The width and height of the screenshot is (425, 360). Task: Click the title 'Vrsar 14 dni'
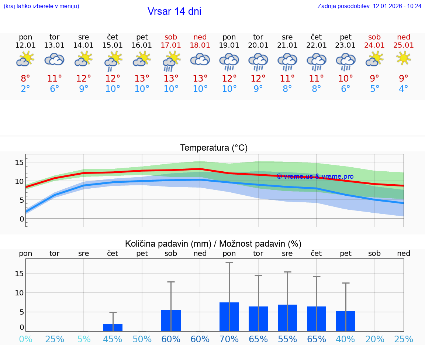click(174, 11)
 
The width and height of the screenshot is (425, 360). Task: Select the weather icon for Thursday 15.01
click(113, 60)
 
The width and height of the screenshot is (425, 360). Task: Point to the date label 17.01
click(171, 45)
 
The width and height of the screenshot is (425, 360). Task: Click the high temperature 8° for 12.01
click(25, 79)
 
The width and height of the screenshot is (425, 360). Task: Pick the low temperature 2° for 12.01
click(25, 89)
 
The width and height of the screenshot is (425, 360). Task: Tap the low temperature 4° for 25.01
click(404, 89)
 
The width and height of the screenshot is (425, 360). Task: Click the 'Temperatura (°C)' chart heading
click(214, 148)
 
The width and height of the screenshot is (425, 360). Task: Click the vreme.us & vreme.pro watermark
click(315, 176)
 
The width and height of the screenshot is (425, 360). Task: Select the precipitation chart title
click(213, 244)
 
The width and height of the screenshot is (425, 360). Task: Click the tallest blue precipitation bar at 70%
click(229, 317)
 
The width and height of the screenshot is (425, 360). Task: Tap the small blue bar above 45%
click(113, 328)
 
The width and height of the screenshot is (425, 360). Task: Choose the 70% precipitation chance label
click(229, 339)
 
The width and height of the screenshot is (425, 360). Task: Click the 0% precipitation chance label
click(25, 339)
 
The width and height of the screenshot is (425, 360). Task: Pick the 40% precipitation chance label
click(346, 339)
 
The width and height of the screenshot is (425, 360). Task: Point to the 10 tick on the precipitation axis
click(20, 293)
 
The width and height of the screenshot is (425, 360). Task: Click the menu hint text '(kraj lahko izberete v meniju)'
click(41, 6)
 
